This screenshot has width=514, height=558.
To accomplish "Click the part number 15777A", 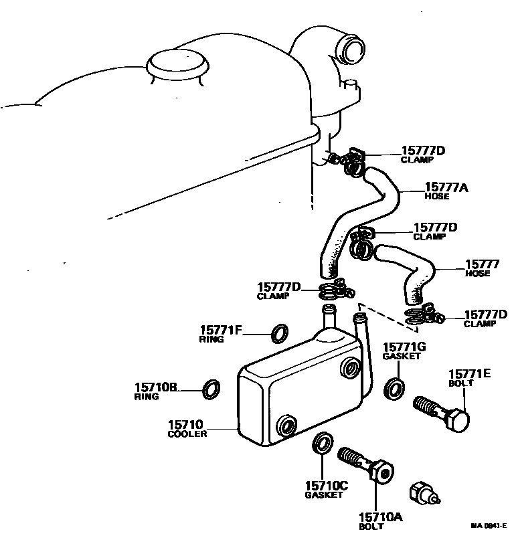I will click(x=446, y=187).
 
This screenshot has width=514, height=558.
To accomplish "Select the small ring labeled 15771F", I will click(x=280, y=332).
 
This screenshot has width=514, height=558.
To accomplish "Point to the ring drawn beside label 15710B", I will click(x=211, y=388).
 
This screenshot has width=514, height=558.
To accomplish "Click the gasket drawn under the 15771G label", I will click(x=394, y=388).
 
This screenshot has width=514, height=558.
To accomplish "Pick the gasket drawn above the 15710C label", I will click(x=323, y=444).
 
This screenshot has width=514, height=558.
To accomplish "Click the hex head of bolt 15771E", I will click(x=459, y=420).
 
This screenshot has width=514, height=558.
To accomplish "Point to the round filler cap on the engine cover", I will click(x=176, y=64).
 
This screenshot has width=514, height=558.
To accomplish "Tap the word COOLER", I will click(x=187, y=434).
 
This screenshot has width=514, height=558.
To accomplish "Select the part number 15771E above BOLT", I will click(x=469, y=374).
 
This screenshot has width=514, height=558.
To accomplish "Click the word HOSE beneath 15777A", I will click(x=438, y=197).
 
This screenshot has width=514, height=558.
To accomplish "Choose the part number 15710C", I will click(x=326, y=486).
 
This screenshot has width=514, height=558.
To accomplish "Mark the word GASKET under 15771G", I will click(x=402, y=357).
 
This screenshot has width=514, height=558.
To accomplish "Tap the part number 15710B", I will click(x=156, y=387).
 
